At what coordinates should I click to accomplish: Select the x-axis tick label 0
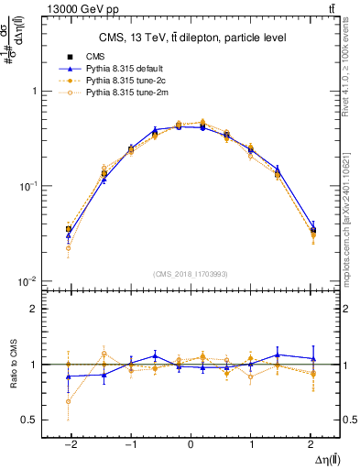[191, 442]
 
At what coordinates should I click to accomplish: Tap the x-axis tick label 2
[311, 442]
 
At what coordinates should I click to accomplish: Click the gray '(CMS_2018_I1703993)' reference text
[191, 273]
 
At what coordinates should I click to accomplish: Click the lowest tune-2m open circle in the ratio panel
[69, 401]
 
